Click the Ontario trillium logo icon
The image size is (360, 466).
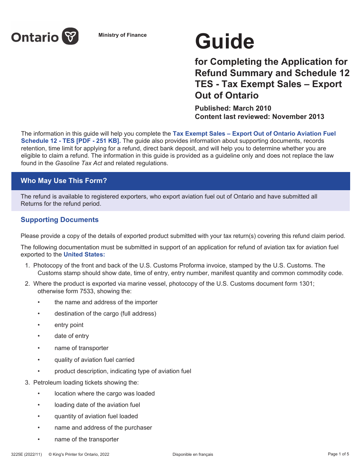coord(70,36)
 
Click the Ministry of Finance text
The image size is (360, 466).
coord(122,35)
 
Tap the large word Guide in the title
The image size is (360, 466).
coord(224,41)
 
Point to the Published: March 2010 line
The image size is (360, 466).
coord(233,108)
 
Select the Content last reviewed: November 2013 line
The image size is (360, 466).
coord(259,117)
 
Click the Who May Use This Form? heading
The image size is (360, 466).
coord(64,181)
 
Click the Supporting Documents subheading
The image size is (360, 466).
coord(59,220)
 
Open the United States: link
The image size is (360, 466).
coord(84,254)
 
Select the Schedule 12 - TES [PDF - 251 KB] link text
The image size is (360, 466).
coord(71,141)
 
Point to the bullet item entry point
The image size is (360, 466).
coord(69,325)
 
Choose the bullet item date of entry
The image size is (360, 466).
coord(71,336)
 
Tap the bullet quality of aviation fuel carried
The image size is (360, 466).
coord(94,360)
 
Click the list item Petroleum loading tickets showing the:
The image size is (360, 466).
coord(86,382)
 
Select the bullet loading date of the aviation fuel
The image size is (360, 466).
coord(97,405)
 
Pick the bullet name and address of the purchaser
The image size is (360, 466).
coord(103,428)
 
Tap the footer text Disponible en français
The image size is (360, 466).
coord(193,454)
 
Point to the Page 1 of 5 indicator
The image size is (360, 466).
coord(338,454)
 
